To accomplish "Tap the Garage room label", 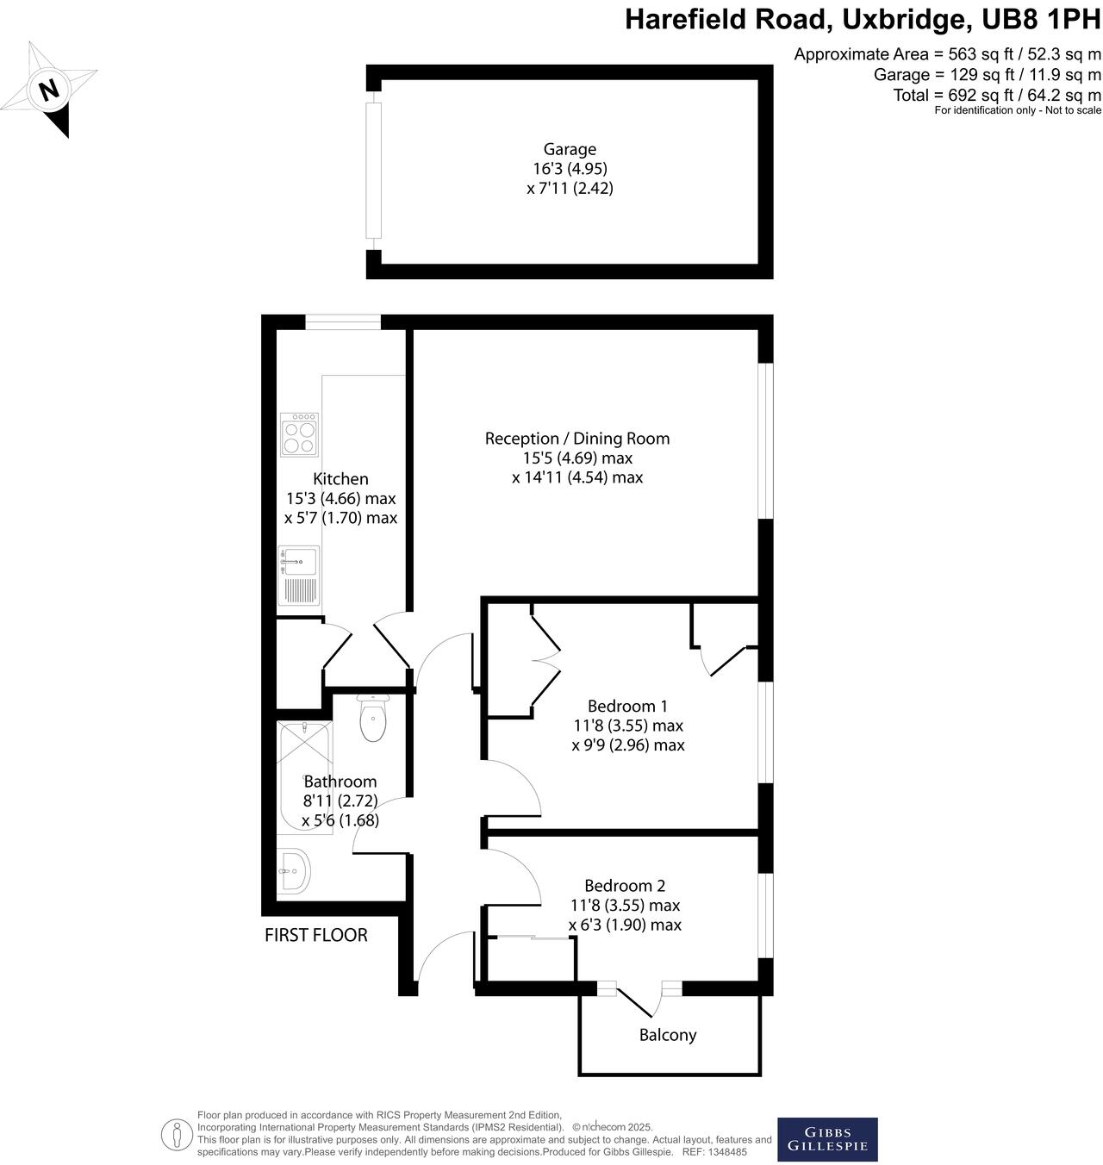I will click(x=569, y=149).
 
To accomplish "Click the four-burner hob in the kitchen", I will click(x=299, y=435).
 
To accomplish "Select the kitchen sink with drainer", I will click(x=298, y=575).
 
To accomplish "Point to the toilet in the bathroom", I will click(x=372, y=720).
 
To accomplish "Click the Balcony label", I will click(x=667, y=1035).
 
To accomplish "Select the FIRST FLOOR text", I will click(x=315, y=935).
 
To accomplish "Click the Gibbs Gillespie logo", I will click(x=827, y=1139).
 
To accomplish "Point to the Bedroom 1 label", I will click(x=627, y=707).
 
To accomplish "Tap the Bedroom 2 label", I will click(x=625, y=886).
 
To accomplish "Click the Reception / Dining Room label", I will click(x=576, y=439).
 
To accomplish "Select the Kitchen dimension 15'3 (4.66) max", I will click(x=340, y=499).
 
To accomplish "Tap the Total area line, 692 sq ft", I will click(x=997, y=95).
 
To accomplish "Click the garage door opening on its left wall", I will click(x=373, y=170).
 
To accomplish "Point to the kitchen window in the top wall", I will click(x=343, y=322).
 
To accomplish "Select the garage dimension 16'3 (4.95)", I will click(x=569, y=169).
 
